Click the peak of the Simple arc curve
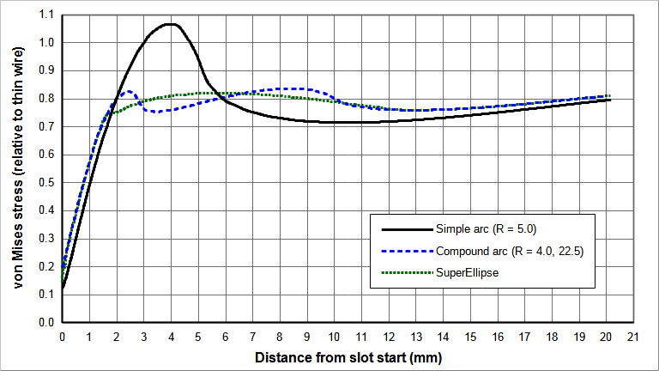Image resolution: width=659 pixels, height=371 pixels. pos(172,24)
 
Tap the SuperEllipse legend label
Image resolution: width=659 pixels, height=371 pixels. pos(467,273)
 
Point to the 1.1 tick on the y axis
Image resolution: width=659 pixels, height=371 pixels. pos(46,15)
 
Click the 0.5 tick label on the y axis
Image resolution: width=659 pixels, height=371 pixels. pos(46,183)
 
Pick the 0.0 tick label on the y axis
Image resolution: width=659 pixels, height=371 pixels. pos(46,323)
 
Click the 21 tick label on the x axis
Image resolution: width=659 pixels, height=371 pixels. pos(634,337)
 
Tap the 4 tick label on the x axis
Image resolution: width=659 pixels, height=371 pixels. pos(172,337)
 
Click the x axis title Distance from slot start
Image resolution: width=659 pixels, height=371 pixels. pos(348,356)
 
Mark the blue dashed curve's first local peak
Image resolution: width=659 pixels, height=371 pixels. pos(130,90)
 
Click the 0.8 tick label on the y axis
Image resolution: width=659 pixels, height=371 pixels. pos(46,99)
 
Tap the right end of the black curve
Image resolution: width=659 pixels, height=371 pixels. pos(610,100)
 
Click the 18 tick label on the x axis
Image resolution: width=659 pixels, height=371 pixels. pos(553,337)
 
